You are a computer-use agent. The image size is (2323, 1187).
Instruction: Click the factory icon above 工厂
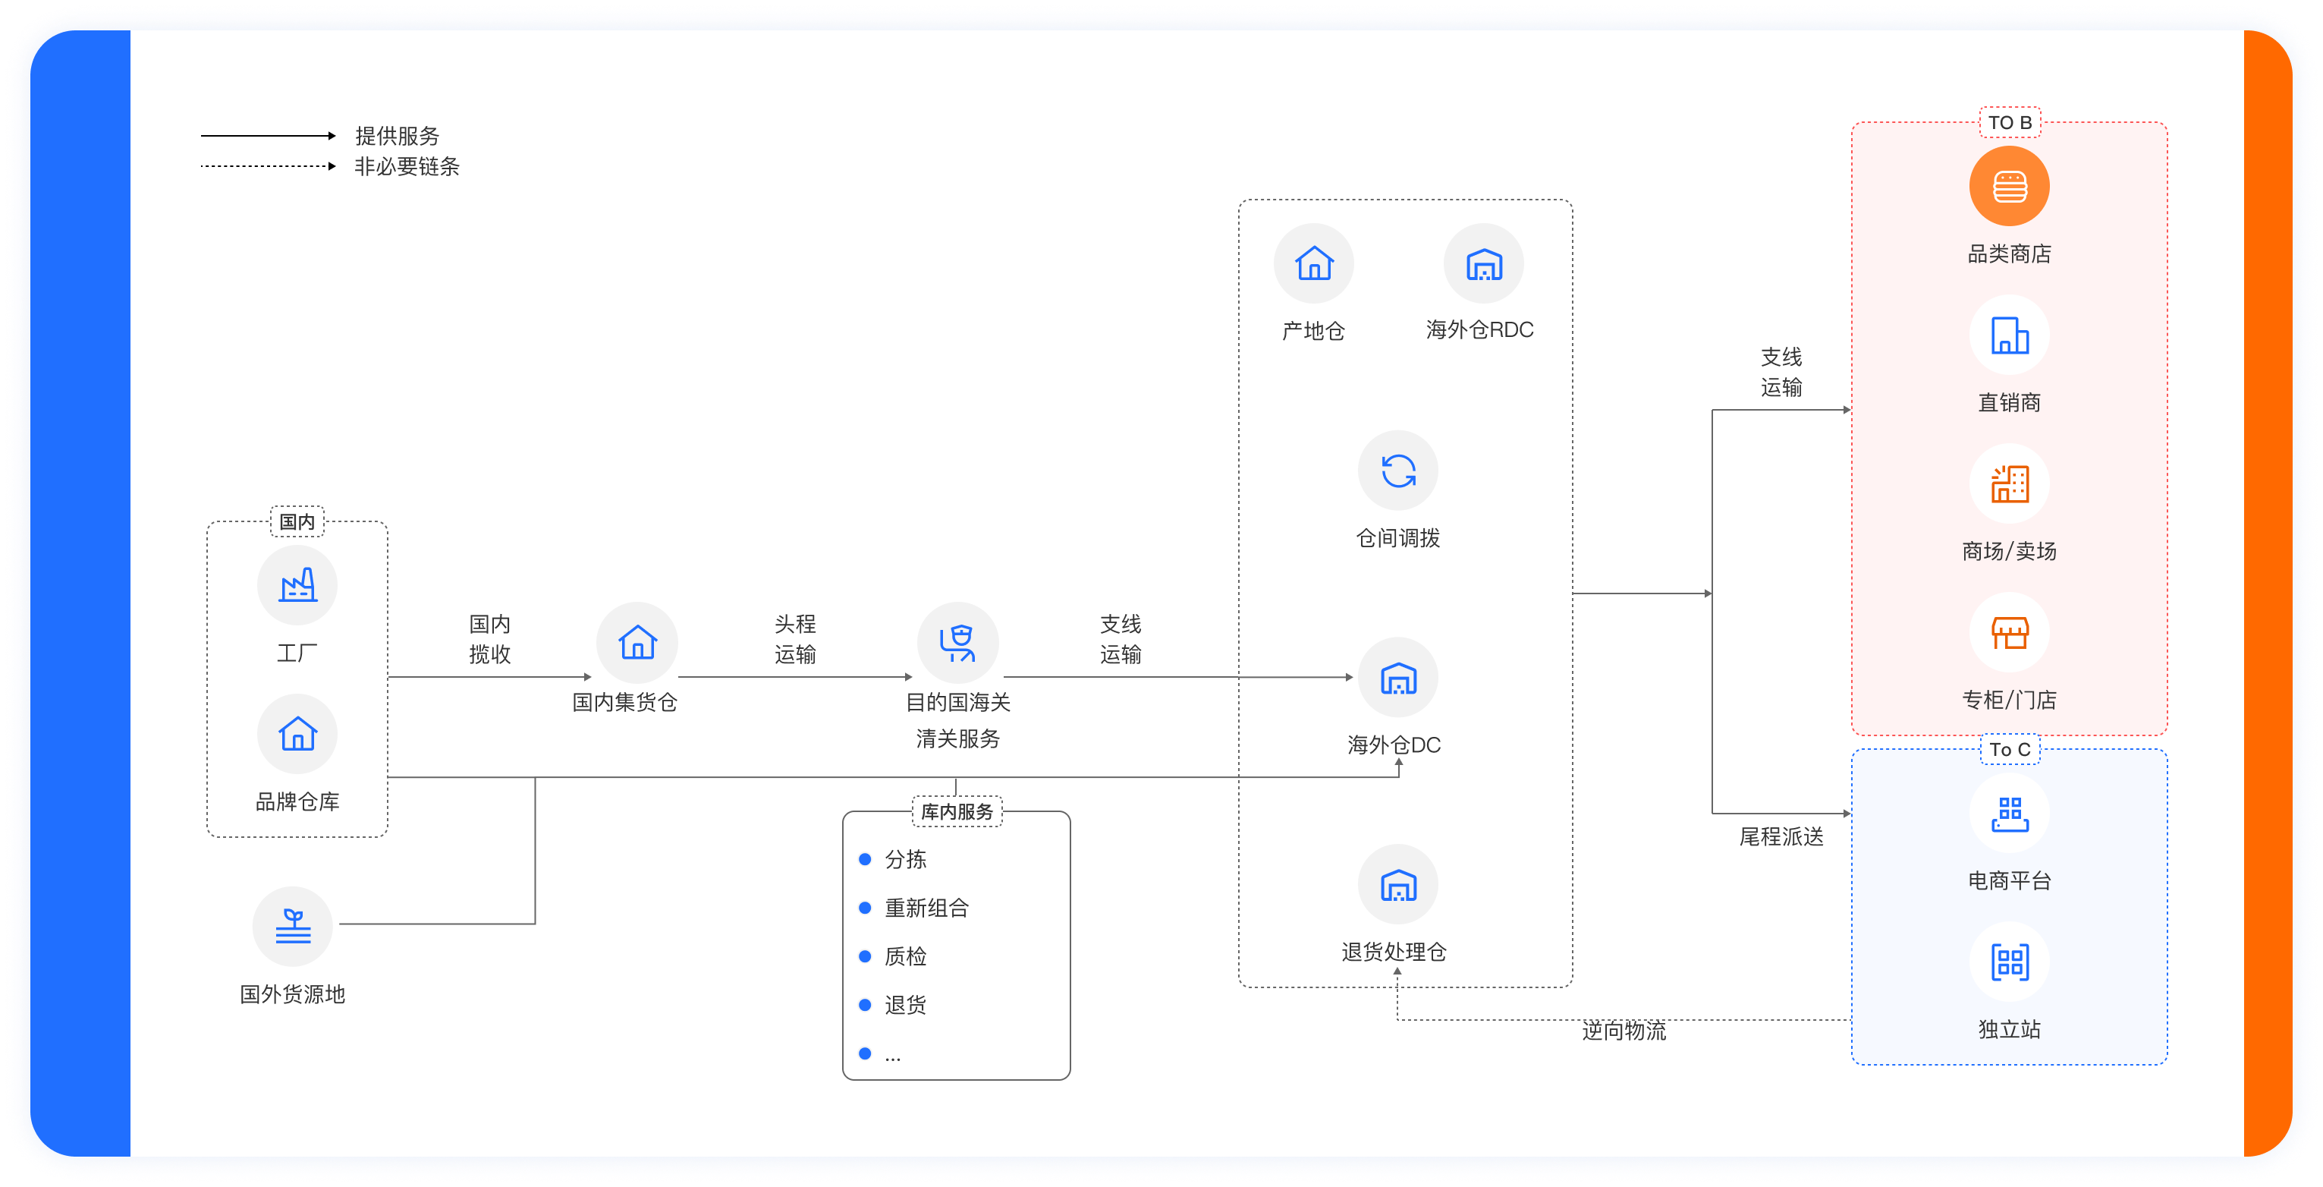tap(297, 585)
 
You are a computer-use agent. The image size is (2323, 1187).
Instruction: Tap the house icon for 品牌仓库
tap(297, 733)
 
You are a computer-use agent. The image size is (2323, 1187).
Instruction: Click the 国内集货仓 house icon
tap(637, 642)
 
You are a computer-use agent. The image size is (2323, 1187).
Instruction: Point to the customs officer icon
tap(957, 642)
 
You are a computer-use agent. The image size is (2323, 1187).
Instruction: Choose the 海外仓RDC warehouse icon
tap(1483, 264)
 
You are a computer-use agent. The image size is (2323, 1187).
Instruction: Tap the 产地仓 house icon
tap(1314, 264)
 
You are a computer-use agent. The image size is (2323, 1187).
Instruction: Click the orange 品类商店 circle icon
tap(2009, 187)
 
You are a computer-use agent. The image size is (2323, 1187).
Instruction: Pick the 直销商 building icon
tap(2009, 335)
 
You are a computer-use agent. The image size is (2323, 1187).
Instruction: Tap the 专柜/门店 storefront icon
tap(2009, 633)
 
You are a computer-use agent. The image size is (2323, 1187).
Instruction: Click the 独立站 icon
tap(2009, 962)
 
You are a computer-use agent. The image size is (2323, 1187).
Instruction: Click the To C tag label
tap(2009, 750)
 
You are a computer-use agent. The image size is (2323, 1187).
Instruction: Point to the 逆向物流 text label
tap(1624, 1031)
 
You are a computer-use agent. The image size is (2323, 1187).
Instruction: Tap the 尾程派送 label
tap(1781, 837)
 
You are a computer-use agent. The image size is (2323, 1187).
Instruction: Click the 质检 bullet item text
tap(905, 956)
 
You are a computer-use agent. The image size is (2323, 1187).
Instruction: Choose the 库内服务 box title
tap(956, 812)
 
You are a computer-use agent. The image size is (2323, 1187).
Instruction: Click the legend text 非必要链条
tap(407, 167)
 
